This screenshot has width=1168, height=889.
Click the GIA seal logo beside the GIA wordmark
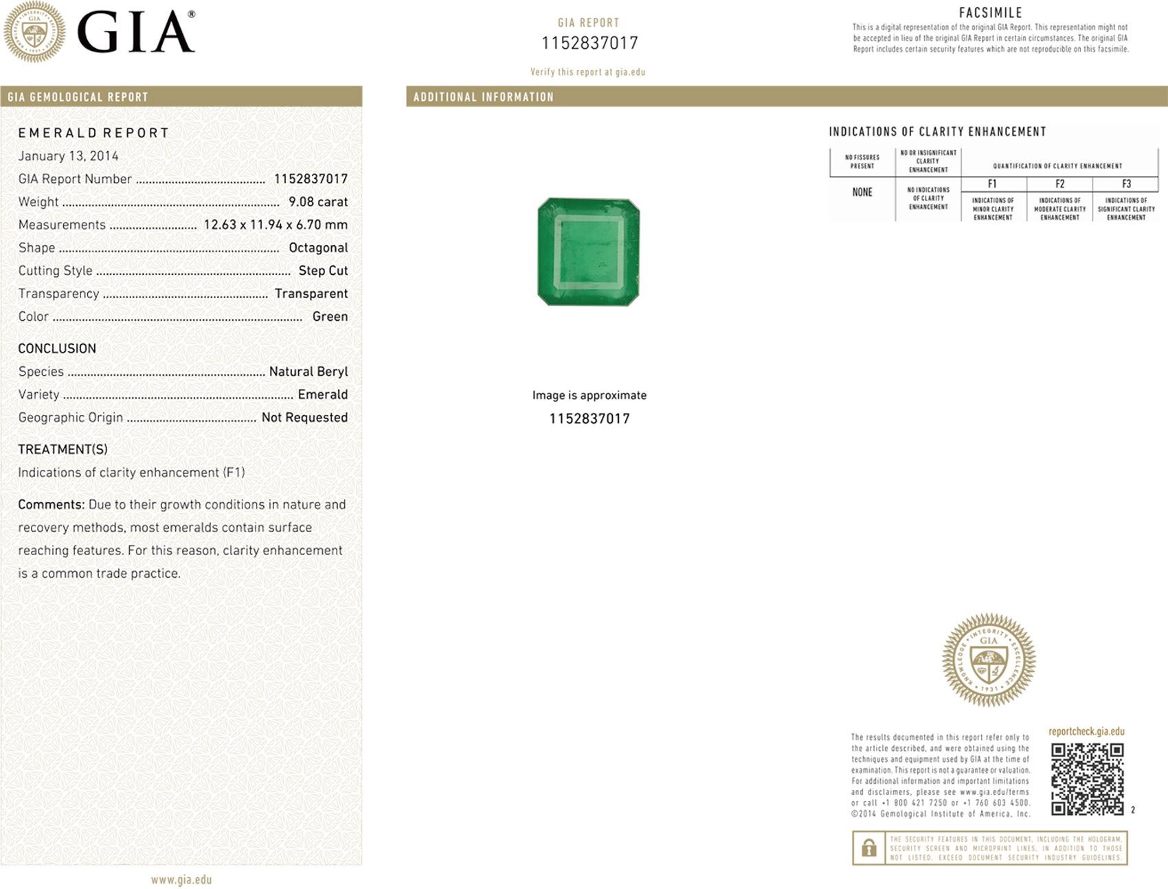pyautogui.click(x=34, y=32)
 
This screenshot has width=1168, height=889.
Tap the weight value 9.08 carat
pyautogui.click(x=318, y=202)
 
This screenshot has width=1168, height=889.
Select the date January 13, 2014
pyautogui.click(x=68, y=156)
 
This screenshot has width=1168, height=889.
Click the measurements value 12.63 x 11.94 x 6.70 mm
pyautogui.click(x=276, y=225)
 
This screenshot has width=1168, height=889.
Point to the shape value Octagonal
pyautogui.click(x=318, y=248)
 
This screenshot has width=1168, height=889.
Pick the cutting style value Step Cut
pyautogui.click(x=323, y=271)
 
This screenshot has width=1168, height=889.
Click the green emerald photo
pyautogui.click(x=589, y=252)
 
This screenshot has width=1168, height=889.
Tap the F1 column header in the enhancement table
pyautogui.click(x=992, y=184)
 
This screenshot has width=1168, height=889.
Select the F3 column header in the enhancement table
pyautogui.click(x=1126, y=184)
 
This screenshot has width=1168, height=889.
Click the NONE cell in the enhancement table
pyautogui.click(x=862, y=192)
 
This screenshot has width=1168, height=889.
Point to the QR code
pyautogui.click(x=1088, y=779)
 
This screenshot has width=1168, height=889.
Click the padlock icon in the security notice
pyautogui.click(x=869, y=848)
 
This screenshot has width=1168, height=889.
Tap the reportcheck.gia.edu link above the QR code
pyautogui.click(x=1086, y=732)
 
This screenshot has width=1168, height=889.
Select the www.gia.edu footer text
pyautogui.click(x=181, y=879)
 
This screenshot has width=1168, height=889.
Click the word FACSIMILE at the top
pyautogui.click(x=991, y=13)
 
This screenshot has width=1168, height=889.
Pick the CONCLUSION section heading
pyautogui.click(x=57, y=349)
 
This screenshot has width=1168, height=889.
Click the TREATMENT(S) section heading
pyautogui.click(x=63, y=449)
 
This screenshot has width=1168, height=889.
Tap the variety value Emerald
pyautogui.click(x=323, y=394)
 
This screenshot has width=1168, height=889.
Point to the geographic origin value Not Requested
pyautogui.click(x=304, y=418)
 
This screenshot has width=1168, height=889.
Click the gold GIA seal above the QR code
pyautogui.click(x=989, y=660)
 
